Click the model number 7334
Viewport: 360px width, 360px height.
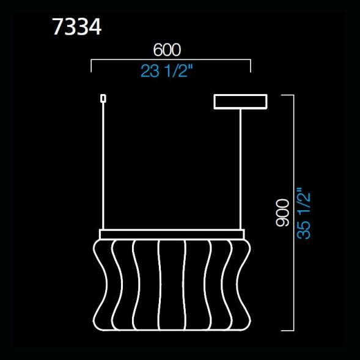(77, 28)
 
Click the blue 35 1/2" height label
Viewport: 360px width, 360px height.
(304, 213)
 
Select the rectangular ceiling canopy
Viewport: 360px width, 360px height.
(240, 101)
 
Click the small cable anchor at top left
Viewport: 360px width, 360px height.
(103, 98)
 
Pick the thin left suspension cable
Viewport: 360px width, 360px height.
(103, 165)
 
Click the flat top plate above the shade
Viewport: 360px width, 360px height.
(172, 234)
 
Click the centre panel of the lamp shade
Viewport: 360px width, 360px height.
(172, 284)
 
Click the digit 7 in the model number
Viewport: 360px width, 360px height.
(59, 28)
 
